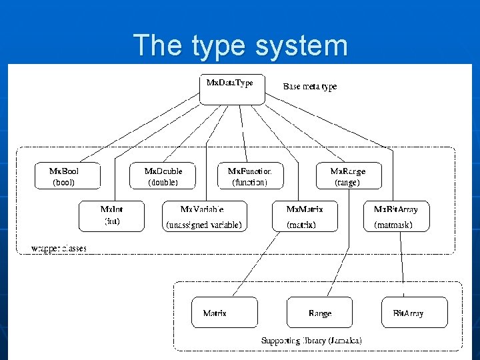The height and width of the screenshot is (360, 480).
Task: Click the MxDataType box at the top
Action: point(231,89)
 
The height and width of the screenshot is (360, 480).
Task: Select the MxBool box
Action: point(64,177)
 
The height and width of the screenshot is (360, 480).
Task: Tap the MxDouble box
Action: point(163,177)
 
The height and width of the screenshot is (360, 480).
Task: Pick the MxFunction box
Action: point(250,177)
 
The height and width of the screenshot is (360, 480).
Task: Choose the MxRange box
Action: point(347,177)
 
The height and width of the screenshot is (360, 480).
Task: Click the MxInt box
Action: point(111,216)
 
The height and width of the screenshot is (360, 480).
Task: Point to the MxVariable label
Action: point(202,209)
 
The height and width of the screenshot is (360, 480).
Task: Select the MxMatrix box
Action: point(305,216)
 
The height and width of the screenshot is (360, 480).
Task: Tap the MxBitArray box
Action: point(401,216)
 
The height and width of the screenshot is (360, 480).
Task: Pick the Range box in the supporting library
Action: point(319,313)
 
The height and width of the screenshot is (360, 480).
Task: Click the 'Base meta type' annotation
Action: point(310,87)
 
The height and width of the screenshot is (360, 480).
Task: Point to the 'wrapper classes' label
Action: point(59,249)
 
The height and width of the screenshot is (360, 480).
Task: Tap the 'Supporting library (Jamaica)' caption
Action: point(311,340)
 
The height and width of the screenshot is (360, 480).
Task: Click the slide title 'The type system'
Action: point(240,45)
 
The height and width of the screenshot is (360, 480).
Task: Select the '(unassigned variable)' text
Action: point(203,225)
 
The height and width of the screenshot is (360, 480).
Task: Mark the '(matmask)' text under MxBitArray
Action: point(393,225)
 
